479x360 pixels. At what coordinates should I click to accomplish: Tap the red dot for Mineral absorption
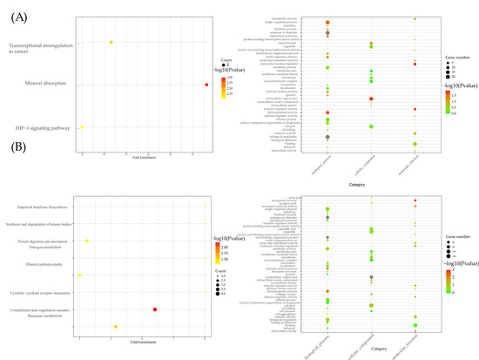[206, 85]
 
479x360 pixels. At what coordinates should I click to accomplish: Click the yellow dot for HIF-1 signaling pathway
[81, 127]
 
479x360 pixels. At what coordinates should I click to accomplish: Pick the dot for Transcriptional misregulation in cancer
[111, 42]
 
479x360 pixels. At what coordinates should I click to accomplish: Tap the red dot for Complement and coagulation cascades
[155, 284]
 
